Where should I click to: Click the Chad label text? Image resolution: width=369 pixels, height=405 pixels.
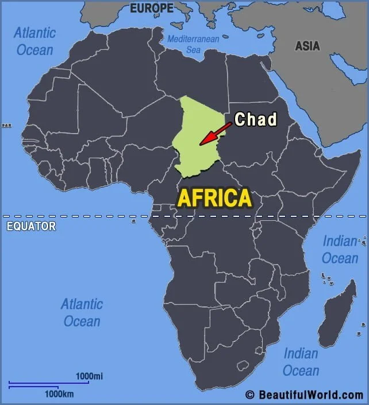[256, 119]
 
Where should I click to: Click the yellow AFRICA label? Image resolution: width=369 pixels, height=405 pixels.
[214, 198]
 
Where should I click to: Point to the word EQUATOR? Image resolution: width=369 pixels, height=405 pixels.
[31, 226]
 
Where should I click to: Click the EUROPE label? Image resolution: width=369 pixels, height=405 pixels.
[152, 8]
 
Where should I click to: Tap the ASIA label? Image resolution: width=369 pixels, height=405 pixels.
[307, 46]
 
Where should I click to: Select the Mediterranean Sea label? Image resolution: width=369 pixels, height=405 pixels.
[193, 44]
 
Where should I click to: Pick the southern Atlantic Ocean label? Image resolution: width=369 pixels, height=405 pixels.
[82, 312]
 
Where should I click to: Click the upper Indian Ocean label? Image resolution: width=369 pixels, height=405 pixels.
[340, 250]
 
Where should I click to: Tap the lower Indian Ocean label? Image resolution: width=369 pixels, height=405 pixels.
[301, 362]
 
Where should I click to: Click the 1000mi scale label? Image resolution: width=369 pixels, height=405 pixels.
[90, 376]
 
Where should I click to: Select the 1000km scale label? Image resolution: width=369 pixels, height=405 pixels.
[60, 394]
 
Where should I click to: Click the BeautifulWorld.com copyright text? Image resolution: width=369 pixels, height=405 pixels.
[304, 395]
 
